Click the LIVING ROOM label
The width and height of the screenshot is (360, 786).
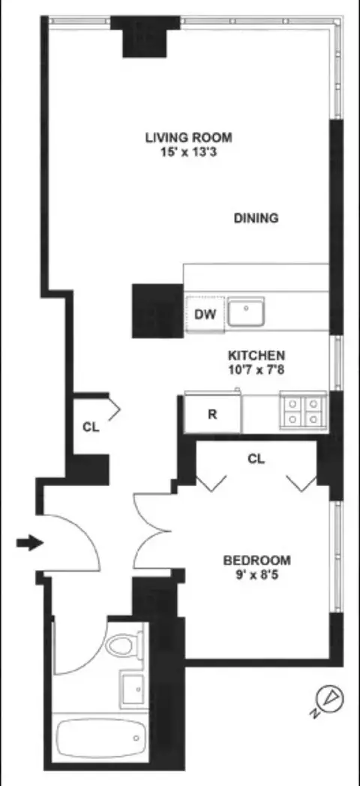click(188, 137)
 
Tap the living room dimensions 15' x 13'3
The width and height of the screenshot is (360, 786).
click(188, 151)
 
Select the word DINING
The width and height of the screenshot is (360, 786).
click(256, 218)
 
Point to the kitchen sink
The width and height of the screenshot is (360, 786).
click(246, 311)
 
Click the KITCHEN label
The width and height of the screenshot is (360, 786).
click(256, 355)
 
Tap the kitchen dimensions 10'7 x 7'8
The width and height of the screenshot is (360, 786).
click(256, 368)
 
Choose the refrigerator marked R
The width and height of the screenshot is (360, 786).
click(212, 413)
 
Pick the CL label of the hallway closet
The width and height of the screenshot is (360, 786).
click(91, 427)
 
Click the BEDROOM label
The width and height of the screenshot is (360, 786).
click(257, 560)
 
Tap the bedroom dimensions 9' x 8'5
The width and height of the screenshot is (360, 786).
click(257, 574)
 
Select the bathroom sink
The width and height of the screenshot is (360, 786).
click(133, 686)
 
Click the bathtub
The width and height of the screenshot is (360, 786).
click(98, 739)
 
